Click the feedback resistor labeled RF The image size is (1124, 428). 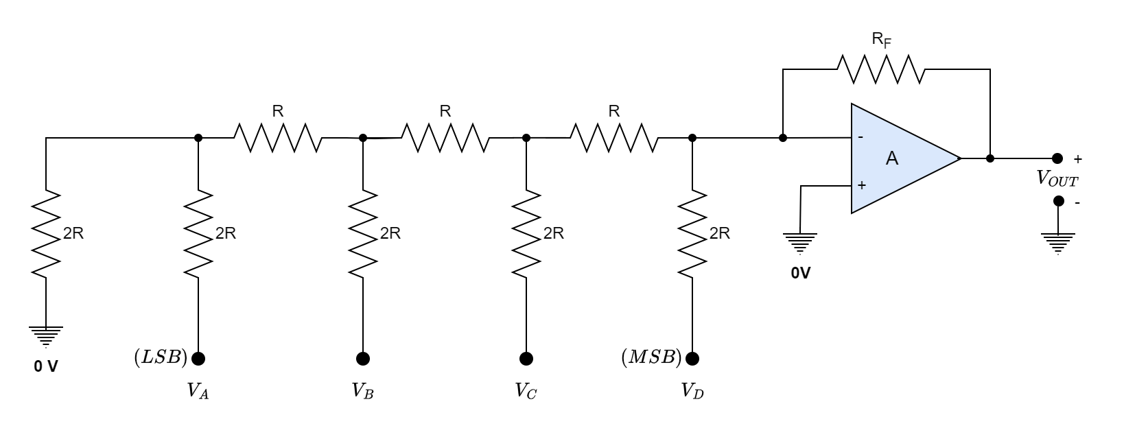click(x=880, y=69)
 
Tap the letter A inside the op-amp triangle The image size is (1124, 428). click(x=891, y=159)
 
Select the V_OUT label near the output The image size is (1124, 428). click(x=1057, y=180)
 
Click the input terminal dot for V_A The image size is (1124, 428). click(x=198, y=358)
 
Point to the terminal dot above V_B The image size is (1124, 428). click(x=363, y=358)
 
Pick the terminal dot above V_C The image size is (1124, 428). click(x=526, y=358)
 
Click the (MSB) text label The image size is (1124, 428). click(x=651, y=357)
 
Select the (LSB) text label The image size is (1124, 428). click(x=161, y=357)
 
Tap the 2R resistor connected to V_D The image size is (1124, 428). click(x=692, y=233)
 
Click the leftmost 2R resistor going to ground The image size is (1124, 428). click(x=46, y=233)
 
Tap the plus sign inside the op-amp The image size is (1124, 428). click(x=861, y=185)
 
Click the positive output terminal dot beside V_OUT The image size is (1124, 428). click(x=1057, y=158)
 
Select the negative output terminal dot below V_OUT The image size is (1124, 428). click(x=1058, y=201)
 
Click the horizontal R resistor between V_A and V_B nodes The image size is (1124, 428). click(x=278, y=138)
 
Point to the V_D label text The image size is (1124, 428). click(x=692, y=392)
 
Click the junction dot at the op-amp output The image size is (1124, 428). click(x=990, y=158)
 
